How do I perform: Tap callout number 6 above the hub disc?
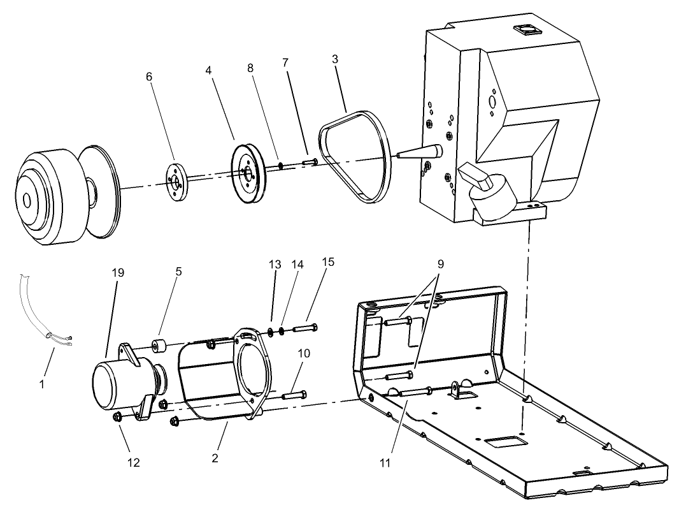coord(149,77)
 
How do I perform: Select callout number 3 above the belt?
coord(334,59)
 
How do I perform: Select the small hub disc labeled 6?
coord(174,183)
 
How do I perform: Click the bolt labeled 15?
coord(305,328)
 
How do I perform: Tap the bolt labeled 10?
coord(294,395)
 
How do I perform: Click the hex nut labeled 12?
coord(117,417)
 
